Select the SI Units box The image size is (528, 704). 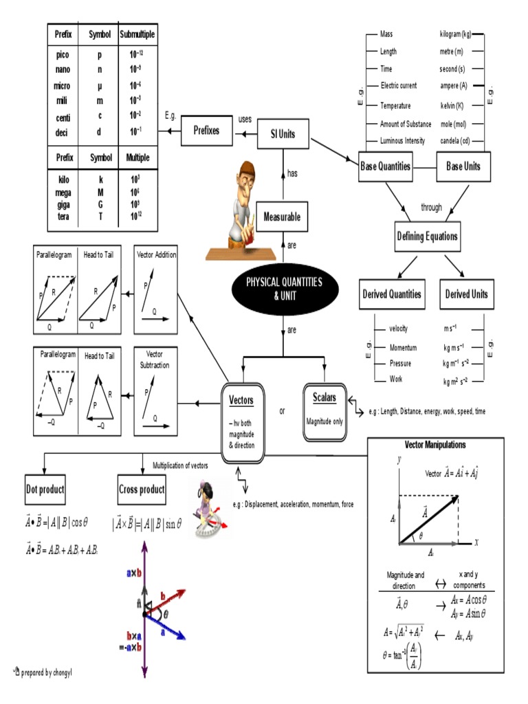click(283, 134)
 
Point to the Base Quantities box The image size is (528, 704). click(386, 166)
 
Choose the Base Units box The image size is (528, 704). click(463, 166)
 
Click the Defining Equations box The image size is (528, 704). click(427, 236)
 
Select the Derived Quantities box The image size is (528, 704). click(392, 294)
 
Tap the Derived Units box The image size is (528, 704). click(466, 294)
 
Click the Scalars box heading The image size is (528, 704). click(324, 397)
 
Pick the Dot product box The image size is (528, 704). click(45, 489)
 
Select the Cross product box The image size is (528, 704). click(142, 489)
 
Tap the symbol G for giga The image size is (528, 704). click(100, 205)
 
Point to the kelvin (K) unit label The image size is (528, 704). click(452, 106)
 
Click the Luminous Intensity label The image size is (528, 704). click(403, 142)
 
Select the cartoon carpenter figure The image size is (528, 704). click(240, 210)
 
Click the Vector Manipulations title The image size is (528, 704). click(435, 445)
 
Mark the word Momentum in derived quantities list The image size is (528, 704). click(403, 348)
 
